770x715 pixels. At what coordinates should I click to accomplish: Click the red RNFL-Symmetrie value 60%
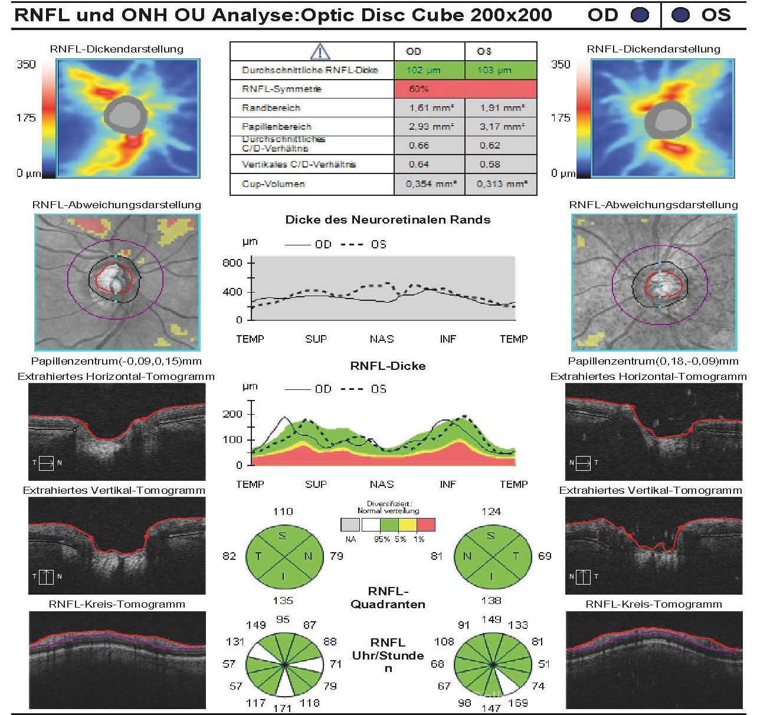(418, 89)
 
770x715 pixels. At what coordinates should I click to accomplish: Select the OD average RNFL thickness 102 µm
(423, 70)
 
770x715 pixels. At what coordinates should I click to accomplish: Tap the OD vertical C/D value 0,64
(419, 164)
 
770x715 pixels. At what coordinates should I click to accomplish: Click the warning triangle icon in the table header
(320, 51)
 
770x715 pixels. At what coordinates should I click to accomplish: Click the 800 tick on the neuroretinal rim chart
(232, 263)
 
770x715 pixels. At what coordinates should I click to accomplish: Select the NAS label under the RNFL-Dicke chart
(381, 484)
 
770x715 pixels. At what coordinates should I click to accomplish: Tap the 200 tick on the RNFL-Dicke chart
(232, 414)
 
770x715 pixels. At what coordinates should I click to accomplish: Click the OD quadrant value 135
(283, 601)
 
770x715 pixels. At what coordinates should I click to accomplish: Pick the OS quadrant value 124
(491, 511)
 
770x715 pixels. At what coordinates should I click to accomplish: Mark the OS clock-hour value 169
(517, 703)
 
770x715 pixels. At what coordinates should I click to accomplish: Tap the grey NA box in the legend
(350, 524)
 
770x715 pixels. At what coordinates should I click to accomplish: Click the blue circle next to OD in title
(640, 15)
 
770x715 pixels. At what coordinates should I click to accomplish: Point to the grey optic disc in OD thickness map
(124, 114)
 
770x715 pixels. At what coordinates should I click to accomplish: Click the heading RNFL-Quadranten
(388, 598)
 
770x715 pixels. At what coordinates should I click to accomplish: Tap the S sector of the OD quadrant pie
(283, 536)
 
